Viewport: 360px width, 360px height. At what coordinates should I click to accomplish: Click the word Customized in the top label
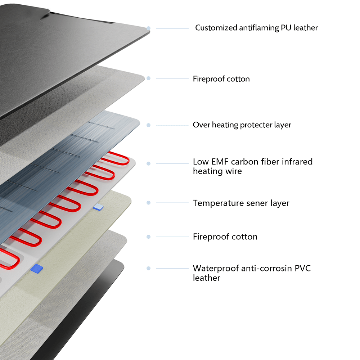pyautogui.click(x=216, y=28)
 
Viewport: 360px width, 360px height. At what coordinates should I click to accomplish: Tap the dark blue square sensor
pyautogui.click(x=37, y=268)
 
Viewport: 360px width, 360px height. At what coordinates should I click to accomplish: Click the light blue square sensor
pyautogui.click(x=98, y=207)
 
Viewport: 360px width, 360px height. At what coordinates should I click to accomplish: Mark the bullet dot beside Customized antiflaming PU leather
pyautogui.click(x=148, y=28)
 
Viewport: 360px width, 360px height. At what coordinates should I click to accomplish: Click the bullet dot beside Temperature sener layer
pyautogui.click(x=148, y=203)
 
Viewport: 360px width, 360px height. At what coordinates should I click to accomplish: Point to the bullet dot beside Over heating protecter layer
pyautogui.click(x=148, y=125)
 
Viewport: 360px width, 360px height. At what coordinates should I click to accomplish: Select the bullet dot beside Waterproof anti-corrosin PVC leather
pyautogui.click(x=148, y=268)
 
